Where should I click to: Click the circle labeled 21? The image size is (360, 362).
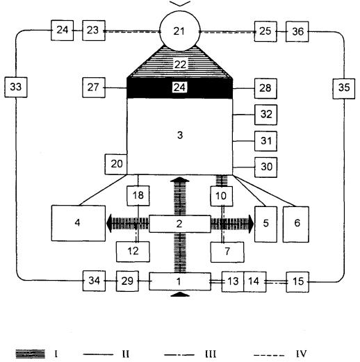pyautogui.click(x=180, y=31)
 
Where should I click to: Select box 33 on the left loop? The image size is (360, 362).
pyautogui.click(x=16, y=87)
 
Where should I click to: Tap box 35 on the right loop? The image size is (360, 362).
pyautogui.click(x=344, y=89)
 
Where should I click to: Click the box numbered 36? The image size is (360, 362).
pyautogui.click(x=297, y=32)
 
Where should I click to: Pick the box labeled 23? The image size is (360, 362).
pyautogui.click(x=94, y=31)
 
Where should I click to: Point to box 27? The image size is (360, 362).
pyautogui.click(x=94, y=88)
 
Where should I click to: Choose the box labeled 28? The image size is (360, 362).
pyautogui.click(x=265, y=89)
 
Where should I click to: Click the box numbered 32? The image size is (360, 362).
pyautogui.click(x=266, y=115)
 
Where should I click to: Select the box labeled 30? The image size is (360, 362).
pyautogui.click(x=266, y=167)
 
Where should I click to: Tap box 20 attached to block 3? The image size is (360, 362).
pyautogui.click(x=116, y=164)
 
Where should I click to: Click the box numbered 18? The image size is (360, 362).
pyautogui.click(x=138, y=196)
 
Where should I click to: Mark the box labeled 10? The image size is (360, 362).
pyautogui.click(x=222, y=196)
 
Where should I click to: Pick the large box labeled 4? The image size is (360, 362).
pyautogui.click(x=79, y=223)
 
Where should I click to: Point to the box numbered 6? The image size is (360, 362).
pyautogui.click(x=296, y=224)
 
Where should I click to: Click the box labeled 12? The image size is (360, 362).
pyautogui.click(x=133, y=252)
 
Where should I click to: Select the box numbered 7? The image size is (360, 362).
pyautogui.click(x=227, y=252)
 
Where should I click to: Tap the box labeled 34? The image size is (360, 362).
pyautogui.click(x=94, y=281)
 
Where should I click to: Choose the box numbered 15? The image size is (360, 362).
pyautogui.click(x=297, y=282)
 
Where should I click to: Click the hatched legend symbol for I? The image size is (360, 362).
pyautogui.click(x=31, y=354)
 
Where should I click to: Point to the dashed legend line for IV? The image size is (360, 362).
pyautogui.click(x=269, y=355)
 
